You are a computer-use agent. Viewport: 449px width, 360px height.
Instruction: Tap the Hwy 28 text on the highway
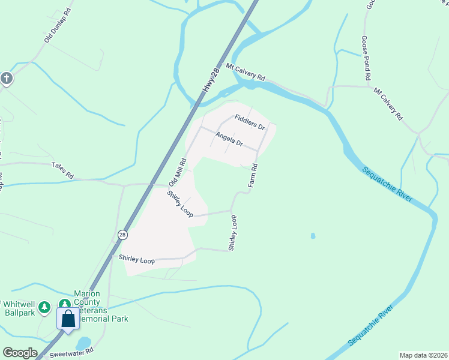pyautogui.click(x=208, y=80)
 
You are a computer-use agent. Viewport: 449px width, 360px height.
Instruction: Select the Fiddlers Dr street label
pyautogui.click(x=250, y=122)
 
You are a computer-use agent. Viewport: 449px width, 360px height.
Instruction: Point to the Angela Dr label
pyautogui.click(x=229, y=140)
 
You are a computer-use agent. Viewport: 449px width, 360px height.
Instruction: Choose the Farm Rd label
pyautogui.click(x=253, y=175)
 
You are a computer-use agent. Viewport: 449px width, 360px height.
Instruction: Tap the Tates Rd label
pyautogui.click(x=62, y=171)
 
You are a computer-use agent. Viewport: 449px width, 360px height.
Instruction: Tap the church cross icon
pyautogui.click(x=6, y=79)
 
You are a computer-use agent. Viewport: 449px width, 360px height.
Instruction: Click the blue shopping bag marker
pyautogui.click(x=68, y=318)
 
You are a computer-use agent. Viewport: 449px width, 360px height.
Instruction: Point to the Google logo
pyautogui.click(x=19, y=353)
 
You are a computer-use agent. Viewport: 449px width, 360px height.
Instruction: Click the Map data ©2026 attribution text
pyautogui.click(x=423, y=355)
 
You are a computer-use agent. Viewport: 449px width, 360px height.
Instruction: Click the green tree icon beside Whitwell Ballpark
pyautogui.click(x=44, y=307)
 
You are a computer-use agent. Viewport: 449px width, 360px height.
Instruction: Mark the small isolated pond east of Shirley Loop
pyautogui.click(x=313, y=236)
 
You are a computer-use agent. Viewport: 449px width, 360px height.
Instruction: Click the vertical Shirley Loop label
pyautogui.click(x=233, y=233)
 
